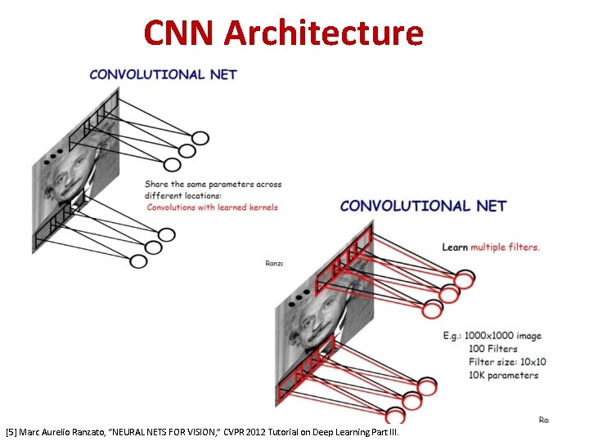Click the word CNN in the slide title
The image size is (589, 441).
(178, 33)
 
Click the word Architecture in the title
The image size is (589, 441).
(323, 33)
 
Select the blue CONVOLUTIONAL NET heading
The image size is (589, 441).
(163, 74)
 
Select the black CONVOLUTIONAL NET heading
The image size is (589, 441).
(423, 206)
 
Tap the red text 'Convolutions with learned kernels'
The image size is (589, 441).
(212, 207)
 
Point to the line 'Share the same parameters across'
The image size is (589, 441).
(213, 185)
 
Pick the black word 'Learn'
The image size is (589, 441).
(455, 247)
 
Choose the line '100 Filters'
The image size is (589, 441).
(492, 349)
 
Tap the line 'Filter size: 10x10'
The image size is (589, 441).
(507, 362)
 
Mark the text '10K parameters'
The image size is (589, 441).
(503, 376)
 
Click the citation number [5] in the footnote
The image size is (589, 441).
(11, 430)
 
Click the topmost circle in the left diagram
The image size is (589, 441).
(200, 138)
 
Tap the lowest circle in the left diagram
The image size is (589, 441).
(138, 261)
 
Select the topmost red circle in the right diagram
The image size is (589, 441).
(464, 281)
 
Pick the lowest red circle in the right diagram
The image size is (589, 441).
(395, 414)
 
